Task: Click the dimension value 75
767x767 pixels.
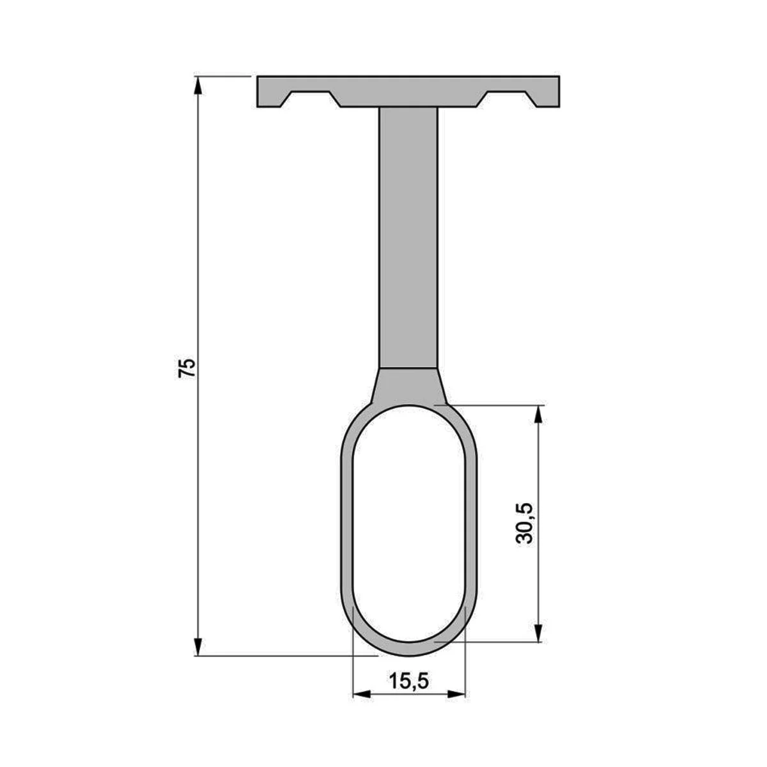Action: pyautogui.click(x=187, y=368)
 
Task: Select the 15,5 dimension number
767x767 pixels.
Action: pyautogui.click(x=409, y=681)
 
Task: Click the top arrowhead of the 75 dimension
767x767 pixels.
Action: pyautogui.click(x=198, y=86)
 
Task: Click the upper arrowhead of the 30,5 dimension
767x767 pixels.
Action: pyautogui.click(x=538, y=415)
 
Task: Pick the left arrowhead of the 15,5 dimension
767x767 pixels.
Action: pyautogui.click(x=362, y=705)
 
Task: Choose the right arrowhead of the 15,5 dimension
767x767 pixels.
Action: pyautogui.click(x=456, y=705)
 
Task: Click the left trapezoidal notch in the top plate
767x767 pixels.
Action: pyautogui.click(x=311, y=99)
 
